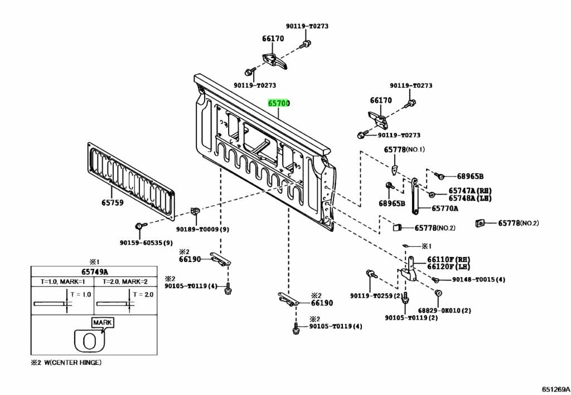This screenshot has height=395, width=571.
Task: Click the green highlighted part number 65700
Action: [x=279, y=103]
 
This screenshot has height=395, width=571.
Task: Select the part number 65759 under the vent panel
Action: [x=112, y=202]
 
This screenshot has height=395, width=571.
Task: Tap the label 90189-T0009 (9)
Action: [x=202, y=230]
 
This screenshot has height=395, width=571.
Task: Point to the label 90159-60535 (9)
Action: [x=146, y=243]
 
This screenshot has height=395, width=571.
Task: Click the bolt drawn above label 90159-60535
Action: [x=140, y=226]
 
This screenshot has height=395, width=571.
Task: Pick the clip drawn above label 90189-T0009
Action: [x=195, y=211]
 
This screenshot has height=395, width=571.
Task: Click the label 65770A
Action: [x=444, y=208]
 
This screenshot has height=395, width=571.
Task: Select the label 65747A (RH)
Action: [x=470, y=191]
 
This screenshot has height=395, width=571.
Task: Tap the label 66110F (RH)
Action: [x=449, y=260]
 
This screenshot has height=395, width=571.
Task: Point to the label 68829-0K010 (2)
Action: [x=444, y=311]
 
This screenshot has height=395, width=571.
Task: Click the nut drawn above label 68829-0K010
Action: [x=438, y=293]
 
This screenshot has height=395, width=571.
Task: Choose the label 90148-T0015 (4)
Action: [x=478, y=280]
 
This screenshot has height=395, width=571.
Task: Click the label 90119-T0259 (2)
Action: [x=376, y=296]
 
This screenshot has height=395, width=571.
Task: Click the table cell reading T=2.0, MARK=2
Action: [x=125, y=282]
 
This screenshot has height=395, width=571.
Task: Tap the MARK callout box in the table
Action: [x=103, y=323]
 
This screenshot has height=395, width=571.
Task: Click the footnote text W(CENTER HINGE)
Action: [x=73, y=363]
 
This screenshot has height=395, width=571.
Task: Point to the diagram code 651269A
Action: [x=555, y=389]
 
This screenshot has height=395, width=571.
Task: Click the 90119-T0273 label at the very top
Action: [x=307, y=26]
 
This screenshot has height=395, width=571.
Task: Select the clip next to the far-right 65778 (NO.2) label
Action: [x=480, y=223]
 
